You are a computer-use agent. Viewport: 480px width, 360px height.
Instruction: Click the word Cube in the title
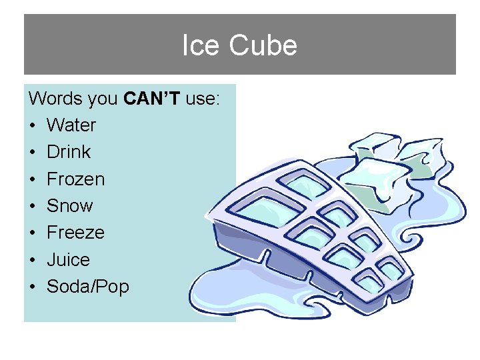click(263, 46)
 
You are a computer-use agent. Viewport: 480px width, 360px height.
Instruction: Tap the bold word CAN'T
click(153, 99)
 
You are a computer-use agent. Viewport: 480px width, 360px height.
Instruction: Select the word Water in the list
click(71, 125)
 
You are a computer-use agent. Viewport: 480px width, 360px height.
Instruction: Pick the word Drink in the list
click(69, 152)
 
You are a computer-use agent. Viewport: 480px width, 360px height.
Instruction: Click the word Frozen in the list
click(75, 179)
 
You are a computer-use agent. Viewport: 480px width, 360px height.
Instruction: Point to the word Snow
click(69, 205)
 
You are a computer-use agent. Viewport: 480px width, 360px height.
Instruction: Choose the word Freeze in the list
click(75, 233)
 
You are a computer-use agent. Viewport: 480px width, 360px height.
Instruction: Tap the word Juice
click(68, 259)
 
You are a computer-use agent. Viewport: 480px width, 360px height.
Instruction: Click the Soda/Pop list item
click(88, 287)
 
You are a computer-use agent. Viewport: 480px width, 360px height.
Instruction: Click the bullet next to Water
click(33, 126)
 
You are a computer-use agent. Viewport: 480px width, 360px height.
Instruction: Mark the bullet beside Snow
click(33, 206)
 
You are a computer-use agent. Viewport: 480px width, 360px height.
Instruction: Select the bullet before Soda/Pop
click(33, 287)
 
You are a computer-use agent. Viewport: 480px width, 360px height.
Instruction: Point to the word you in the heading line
click(103, 99)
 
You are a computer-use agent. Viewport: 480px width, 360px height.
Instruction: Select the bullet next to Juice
click(33, 260)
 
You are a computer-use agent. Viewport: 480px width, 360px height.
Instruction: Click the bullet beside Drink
click(33, 153)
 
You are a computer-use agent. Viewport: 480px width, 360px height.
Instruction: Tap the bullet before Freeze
click(33, 233)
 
